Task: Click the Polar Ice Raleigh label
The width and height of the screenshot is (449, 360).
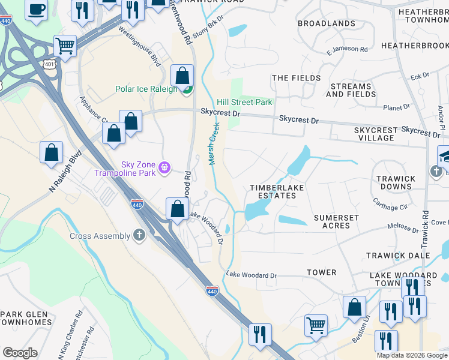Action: coord(146,89)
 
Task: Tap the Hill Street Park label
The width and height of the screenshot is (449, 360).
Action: coord(244,102)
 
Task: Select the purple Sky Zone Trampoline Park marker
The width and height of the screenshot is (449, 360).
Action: coord(166,167)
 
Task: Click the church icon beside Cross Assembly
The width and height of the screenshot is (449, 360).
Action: coord(139,236)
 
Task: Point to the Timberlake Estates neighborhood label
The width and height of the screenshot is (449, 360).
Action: coord(277,192)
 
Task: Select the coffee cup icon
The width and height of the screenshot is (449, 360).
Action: coord(37,10)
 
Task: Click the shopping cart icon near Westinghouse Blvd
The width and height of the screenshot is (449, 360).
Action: coord(65,45)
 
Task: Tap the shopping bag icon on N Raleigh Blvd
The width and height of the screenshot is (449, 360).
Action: coord(52,152)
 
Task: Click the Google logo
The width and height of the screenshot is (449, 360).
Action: coord(20,353)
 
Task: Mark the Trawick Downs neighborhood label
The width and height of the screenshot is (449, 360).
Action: coord(395,182)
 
